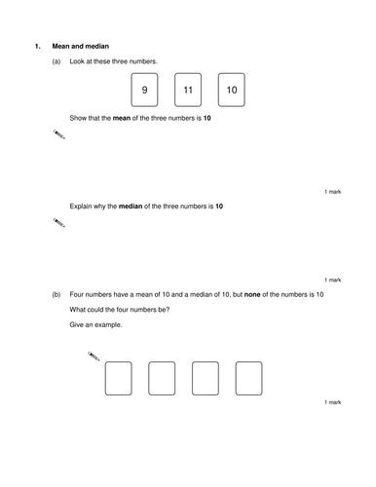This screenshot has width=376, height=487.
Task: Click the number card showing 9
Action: (144, 90)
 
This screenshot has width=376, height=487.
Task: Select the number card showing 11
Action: (188, 90)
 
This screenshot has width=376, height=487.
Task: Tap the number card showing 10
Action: (232, 90)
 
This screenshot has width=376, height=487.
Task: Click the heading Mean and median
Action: (81, 46)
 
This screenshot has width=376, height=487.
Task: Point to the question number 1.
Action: (38, 46)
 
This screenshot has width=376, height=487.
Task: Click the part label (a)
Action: (56, 61)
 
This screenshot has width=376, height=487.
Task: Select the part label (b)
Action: (56, 294)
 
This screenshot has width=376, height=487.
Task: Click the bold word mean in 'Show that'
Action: (122, 118)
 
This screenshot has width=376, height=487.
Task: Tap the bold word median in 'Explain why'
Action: (131, 206)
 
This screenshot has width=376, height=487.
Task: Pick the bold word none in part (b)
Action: (252, 294)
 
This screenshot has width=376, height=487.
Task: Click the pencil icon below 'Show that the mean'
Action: (59, 134)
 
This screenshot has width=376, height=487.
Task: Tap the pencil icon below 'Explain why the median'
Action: (59, 223)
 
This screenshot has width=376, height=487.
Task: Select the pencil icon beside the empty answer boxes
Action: (94, 356)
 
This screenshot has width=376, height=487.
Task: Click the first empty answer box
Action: (119, 379)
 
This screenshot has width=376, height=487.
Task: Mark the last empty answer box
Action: (249, 379)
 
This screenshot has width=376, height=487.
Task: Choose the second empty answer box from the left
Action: (162, 379)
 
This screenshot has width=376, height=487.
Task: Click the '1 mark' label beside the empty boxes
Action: (333, 402)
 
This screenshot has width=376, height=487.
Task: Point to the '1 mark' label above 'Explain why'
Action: (333, 192)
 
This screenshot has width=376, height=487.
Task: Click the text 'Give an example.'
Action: (95, 324)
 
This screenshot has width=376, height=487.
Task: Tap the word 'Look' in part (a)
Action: (77, 61)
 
